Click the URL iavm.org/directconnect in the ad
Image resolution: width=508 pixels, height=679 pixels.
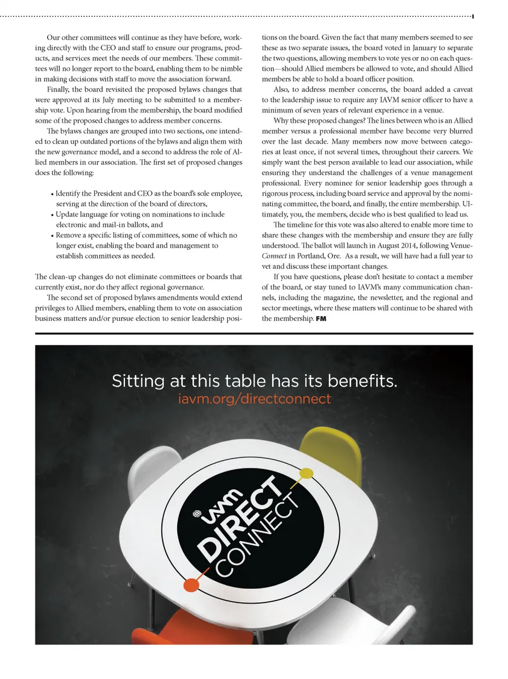[x=254, y=399]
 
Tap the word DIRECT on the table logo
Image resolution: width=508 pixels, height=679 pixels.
[x=241, y=518]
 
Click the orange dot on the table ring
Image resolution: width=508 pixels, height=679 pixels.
[x=191, y=584]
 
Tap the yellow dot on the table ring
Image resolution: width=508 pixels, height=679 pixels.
[x=306, y=472]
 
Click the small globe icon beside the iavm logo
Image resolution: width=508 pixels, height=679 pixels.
[x=197, y=513]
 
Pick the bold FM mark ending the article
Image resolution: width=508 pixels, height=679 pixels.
[x=321, y=319]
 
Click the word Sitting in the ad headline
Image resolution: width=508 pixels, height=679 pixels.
[x=138, y=381]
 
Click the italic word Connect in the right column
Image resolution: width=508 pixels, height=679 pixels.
[x=274, y=256]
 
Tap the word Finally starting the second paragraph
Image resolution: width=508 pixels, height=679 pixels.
[x=58, y=89]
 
